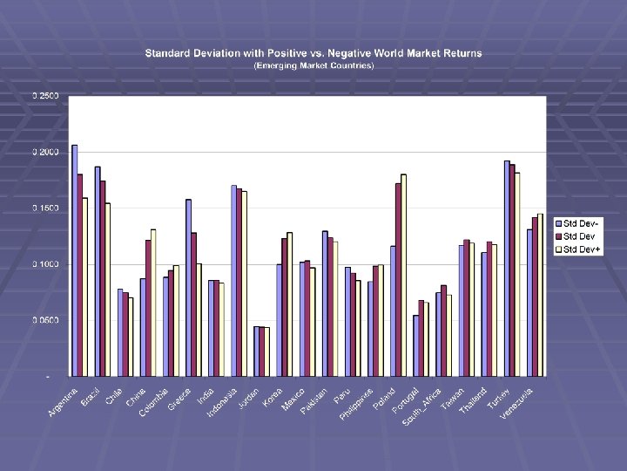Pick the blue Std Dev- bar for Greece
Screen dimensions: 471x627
click(188, 288)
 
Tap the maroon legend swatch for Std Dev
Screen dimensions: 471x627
click(560, 237)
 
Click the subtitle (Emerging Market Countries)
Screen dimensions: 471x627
click(313, 65)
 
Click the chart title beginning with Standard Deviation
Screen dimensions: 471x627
click(313, 53)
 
